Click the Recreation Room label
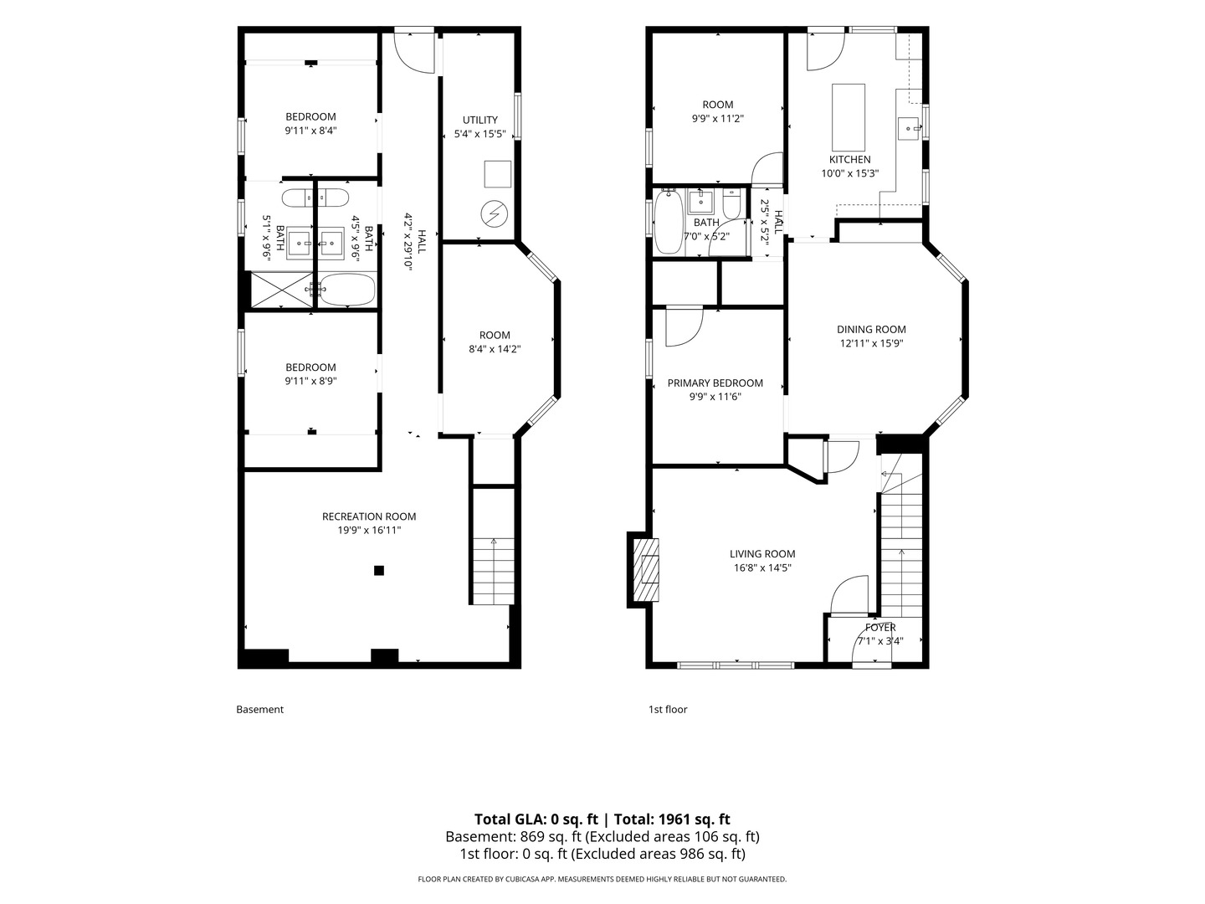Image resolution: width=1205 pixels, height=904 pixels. pyautogui.click(x=369, y=516)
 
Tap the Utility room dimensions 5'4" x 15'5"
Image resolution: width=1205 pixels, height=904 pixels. pyautogui.click(x=479, y=134)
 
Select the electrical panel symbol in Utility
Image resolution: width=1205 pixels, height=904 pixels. pyautogui.click(x=494, y=213)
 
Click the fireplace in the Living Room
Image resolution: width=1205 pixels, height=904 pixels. pyautogui.click(x=646, y=570)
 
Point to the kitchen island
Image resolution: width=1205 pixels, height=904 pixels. pyautogui.click(x=849, y=117)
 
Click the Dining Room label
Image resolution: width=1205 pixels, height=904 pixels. pyautogui.click(x=871, y=329)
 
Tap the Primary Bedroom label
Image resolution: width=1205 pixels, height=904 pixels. pyautogui.click(x=715, y=383)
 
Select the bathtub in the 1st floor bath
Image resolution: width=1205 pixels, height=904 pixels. pyautogui.click(x=669, y=222)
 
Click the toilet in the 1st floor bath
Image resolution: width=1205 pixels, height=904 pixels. pyautogui.click(x=731, y=203)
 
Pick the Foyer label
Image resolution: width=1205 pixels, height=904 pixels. pyautogui.click(x=880, y=628)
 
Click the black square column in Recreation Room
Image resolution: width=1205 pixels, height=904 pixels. pyautogui.click(x=379, y=571)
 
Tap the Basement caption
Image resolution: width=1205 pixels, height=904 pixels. pyautogui.click(x=259, y=709)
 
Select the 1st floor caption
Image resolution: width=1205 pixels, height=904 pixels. pyautogui.click(x=668, y=709)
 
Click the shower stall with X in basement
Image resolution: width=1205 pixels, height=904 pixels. pyautogui.click(x=282, y=290)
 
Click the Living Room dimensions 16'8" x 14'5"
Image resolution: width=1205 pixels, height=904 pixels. pyautogui.click(x=762, y=568)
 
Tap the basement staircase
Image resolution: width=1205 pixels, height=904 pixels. pyautogui.click(x=494, y=571)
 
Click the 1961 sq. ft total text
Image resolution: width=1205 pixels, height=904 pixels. pyautogui.click(x=694, y=819)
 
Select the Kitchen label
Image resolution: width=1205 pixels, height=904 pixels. pyautogui.click(x=850, y=160)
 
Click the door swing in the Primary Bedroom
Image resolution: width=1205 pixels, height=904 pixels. pyautogui.click(x=684, y=327)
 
